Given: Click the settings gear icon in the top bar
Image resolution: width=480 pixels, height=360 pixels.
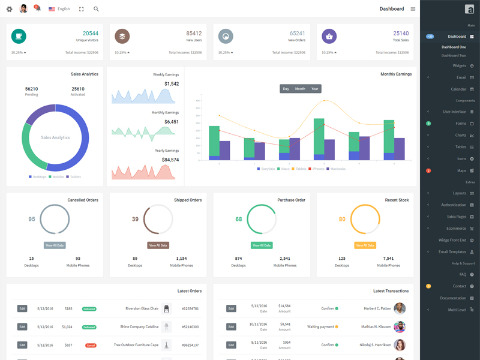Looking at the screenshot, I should pyautogui.click(x=9, y=9).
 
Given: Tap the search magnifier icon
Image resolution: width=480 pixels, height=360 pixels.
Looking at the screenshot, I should pyautogui.click(x=96, y=9).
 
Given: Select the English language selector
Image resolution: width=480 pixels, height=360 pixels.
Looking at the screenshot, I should pyautogui.click(x=59, y=9).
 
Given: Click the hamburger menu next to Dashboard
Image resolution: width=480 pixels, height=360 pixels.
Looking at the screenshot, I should pyautogui.click(x=413, y=9).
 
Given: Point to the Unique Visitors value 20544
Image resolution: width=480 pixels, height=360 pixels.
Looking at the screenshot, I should pyautogui.click(x=91, y=34).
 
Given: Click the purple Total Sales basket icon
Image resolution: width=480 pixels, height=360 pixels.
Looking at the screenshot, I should pyautogui.click(x=329, y=36).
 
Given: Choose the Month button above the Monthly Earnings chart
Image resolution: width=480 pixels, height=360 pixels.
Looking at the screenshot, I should pyautogui.click(x=300, y=89).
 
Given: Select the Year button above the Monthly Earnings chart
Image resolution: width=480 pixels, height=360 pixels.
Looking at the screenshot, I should pyautogui.click(x=314, y=89).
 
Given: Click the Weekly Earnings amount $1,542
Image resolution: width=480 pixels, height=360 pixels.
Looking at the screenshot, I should pyautogui.click(x=171, y=84).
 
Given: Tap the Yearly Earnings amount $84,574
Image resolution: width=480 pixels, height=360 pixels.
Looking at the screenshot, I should pyautogui.click(x=170, y=160).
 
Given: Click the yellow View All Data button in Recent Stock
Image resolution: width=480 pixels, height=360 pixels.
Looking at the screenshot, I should pyautogui.click(x=365, y=245).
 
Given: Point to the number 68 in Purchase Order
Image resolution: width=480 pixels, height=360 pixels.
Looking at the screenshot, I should pyautogui.click(x=239, y=219).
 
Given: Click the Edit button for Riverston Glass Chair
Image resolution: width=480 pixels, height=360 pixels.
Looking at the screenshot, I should pyautogui.click(x=22, y=308).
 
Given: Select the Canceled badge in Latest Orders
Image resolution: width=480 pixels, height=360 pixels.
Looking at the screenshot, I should pyautogui.click(x=91, y=346).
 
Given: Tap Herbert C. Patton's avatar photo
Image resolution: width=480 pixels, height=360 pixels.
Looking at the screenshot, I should pyautogui.click(x=399, y=308).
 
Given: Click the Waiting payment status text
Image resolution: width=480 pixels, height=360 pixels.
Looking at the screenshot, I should pyautogui.click(x=320, y=327).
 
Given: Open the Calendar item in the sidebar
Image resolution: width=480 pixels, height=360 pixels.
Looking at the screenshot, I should pyautogui.click(x=458, y=89).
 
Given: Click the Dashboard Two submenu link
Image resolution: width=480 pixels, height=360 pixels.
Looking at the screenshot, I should pyautogui.click(x=454, y=55).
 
